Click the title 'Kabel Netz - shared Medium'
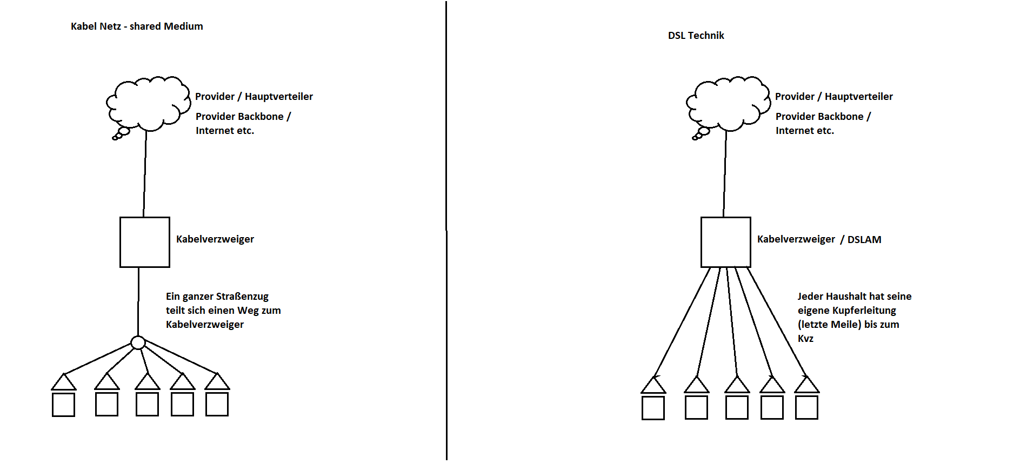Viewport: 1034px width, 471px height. [x=137, y=26]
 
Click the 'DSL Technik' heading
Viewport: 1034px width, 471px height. [x=696, y=36]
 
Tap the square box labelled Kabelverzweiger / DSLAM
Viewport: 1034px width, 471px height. [x=725, y=242]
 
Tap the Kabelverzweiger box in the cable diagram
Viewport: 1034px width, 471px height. [x=144, y=242]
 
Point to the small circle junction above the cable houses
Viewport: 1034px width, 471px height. [x=138, y=342]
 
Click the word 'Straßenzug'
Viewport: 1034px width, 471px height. [x=242, y=297]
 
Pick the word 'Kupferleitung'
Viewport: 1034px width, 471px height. [x=864, y=311]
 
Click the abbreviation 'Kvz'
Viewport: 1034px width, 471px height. [x=805, y=339]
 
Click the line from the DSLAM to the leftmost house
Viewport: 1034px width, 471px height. [x=682, y=322]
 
